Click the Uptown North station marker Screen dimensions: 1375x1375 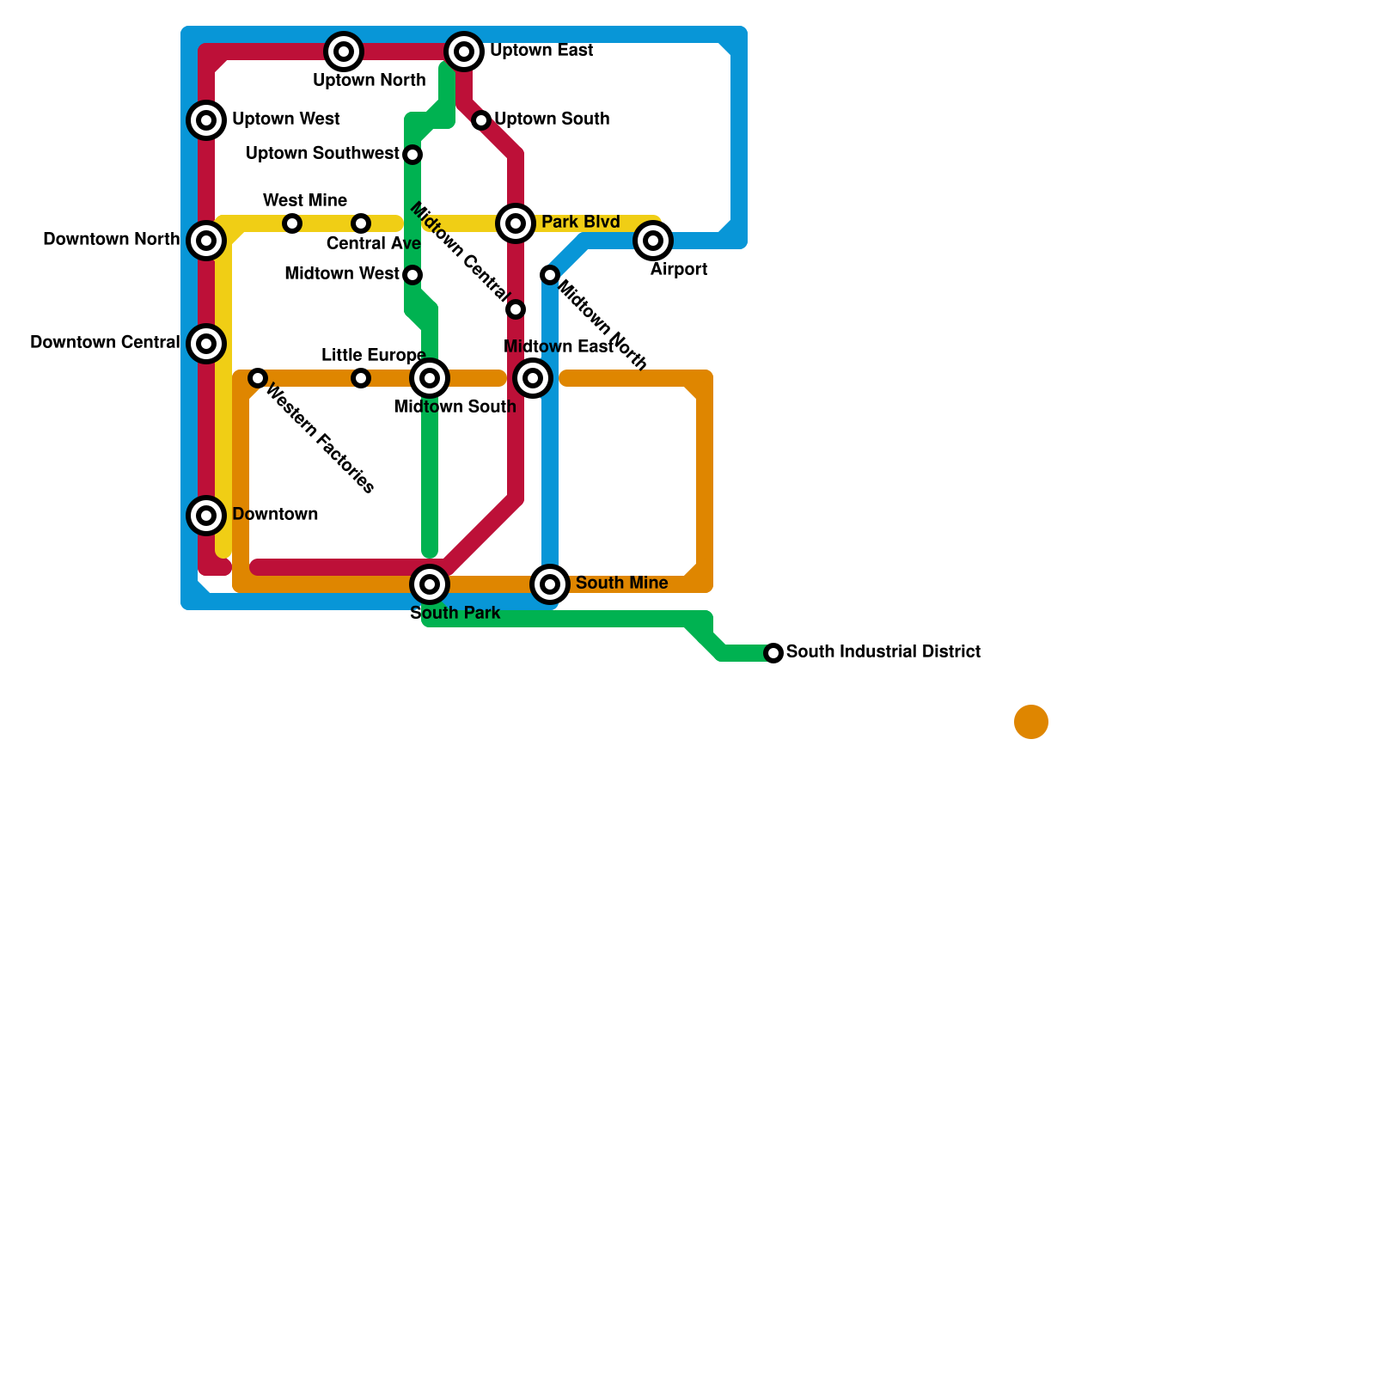click(x=344, y=52)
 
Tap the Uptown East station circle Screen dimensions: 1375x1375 click(x=464, y=52)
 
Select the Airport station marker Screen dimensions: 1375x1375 click(x=653, y=241)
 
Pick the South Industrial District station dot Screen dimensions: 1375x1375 click(x=773, y=653)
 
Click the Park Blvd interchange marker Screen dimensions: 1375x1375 click(x=516, y=223)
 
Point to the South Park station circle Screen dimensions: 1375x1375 click(x=430, y=584)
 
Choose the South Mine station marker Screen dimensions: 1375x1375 click(x=550, y=584)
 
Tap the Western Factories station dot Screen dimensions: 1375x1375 click(x=258, y=378)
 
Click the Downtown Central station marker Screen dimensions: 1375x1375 click(x=206, y=344)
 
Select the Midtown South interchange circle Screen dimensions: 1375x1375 click(x=430, y=378)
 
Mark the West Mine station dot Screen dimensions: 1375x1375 click(x=292, y=223)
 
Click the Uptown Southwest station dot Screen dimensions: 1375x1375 click(x=412, y=155)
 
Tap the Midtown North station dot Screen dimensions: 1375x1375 click(x=550, y=275)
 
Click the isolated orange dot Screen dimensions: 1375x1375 click(x=1031, y=722)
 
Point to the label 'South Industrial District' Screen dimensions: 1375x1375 click(x=883, y=651)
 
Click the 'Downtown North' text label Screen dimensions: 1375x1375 click(x=112, y=239)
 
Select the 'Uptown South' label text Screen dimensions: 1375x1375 click(x=552, y=119)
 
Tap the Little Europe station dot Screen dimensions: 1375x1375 click(x=361, y=378)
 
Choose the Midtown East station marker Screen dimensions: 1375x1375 click(x=533, y=378)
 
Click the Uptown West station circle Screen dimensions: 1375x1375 click(x=206, y=120)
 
